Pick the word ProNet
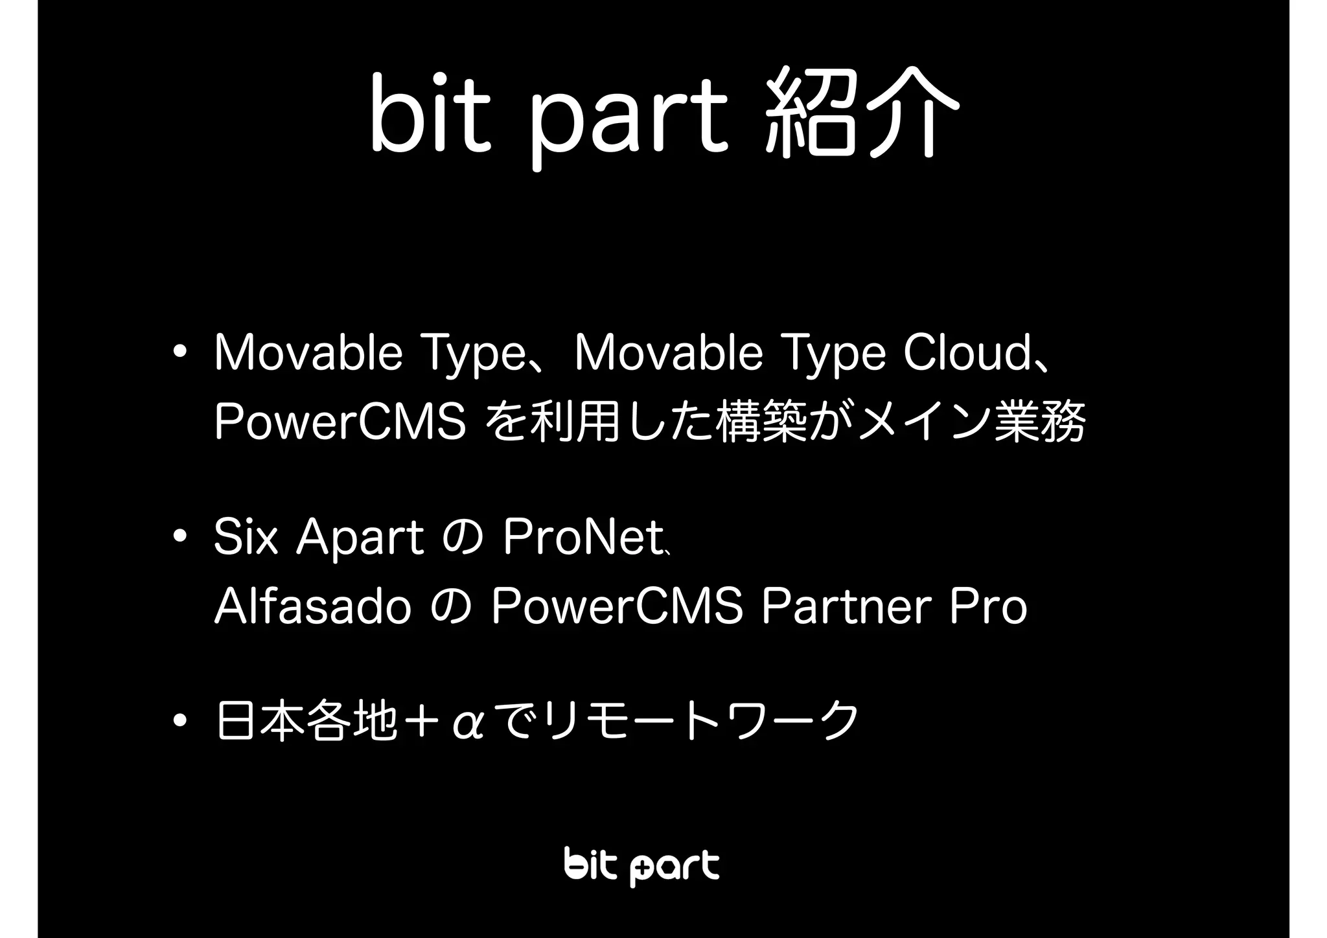coord(581,538)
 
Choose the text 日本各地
coord(306,720)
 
